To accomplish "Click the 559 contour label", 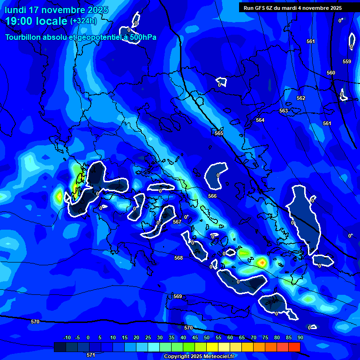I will [x=346, y=61].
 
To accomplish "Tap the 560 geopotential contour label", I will [x=331, y=73].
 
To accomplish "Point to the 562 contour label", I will [x=301, y=98].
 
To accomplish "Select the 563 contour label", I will [x=284, y=111].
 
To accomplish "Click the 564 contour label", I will [x=260, y=120].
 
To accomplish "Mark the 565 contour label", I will [x=219, y=134].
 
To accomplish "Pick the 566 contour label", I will [x=212, y=196].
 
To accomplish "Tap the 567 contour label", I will [x=177, y=222].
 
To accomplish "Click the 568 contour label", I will [x=179, y=258].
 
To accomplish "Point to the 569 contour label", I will [x=177, y=296].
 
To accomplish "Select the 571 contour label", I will [x=91, y=355].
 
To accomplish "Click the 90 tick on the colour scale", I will [x=300, y=337].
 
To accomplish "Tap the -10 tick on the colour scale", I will [x=67, y=337].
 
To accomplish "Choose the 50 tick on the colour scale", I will [x=207, y=337].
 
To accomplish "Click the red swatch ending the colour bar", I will [x=294, y=347].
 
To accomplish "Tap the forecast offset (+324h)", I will [x=83, y=21].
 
